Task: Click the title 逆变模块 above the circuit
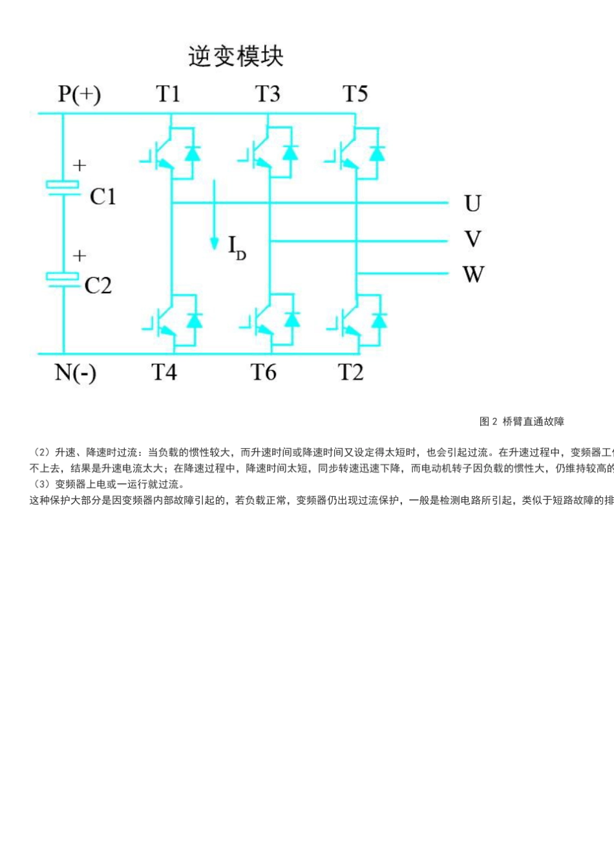236,57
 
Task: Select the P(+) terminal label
79,94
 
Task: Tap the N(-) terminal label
76,373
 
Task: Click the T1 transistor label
168,94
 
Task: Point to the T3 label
268,94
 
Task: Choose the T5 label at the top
355,94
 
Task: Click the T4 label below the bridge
164,373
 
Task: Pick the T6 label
264,373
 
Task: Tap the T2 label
351,373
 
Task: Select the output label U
472,204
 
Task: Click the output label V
472,240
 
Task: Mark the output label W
473,274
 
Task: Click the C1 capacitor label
103,196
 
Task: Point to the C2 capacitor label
98,285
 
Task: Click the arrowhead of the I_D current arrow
214,243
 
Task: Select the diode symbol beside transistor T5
377,153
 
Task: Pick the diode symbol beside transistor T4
194,320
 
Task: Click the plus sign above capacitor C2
79,256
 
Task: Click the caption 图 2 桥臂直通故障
522,422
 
